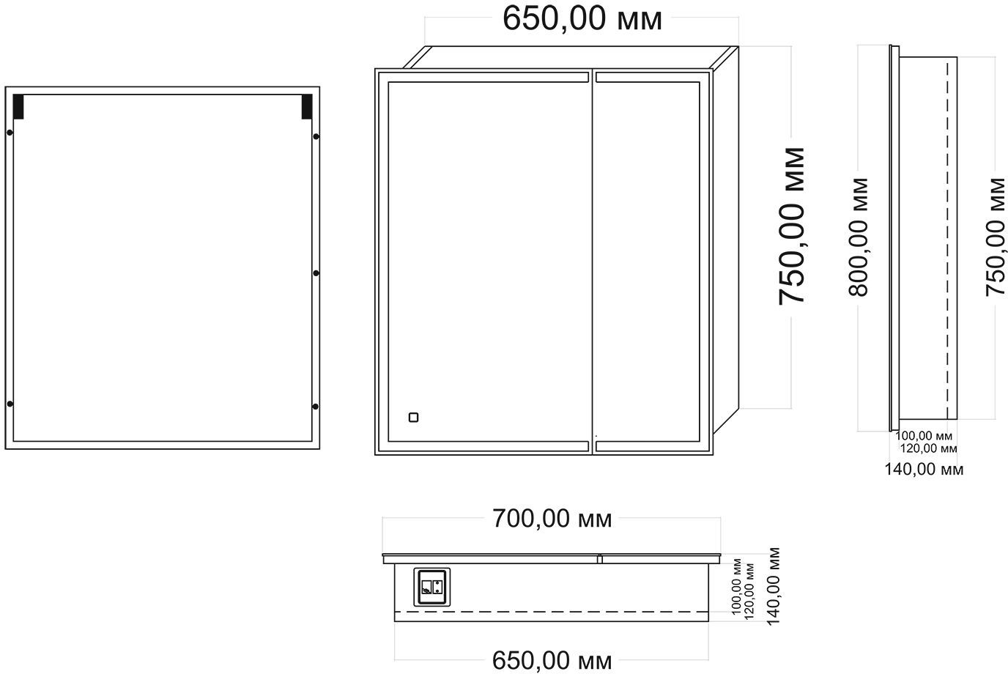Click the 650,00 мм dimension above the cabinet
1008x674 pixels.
pos(582,19)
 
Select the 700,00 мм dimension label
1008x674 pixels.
pos(552,519)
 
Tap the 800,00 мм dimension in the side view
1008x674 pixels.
pos(858,237)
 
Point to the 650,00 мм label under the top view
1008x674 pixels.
pos(552,661)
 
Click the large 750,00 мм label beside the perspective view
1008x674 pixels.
pos(791,226)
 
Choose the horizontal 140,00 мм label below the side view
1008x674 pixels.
pos(924,470)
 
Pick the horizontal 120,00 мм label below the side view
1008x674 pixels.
pos(928,448)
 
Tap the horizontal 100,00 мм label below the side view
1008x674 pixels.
pos(924,435)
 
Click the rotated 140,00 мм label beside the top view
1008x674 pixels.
pos(773,586)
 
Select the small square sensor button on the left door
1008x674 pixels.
pos(414,418)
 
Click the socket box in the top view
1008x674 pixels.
pos(432,587)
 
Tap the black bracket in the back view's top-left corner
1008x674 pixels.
pos(18,107)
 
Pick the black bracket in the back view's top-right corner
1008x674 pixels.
pos(307,107)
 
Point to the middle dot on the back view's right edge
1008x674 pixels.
pos(316,273)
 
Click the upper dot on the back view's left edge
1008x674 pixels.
pos(10,133)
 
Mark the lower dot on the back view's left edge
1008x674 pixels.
pos(10,404)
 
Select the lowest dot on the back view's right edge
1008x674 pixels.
pos(316,407)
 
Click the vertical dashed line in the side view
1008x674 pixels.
pos(947,241)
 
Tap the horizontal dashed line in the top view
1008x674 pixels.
pos(551,612)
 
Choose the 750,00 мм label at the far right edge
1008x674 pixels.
pos(996,237)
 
